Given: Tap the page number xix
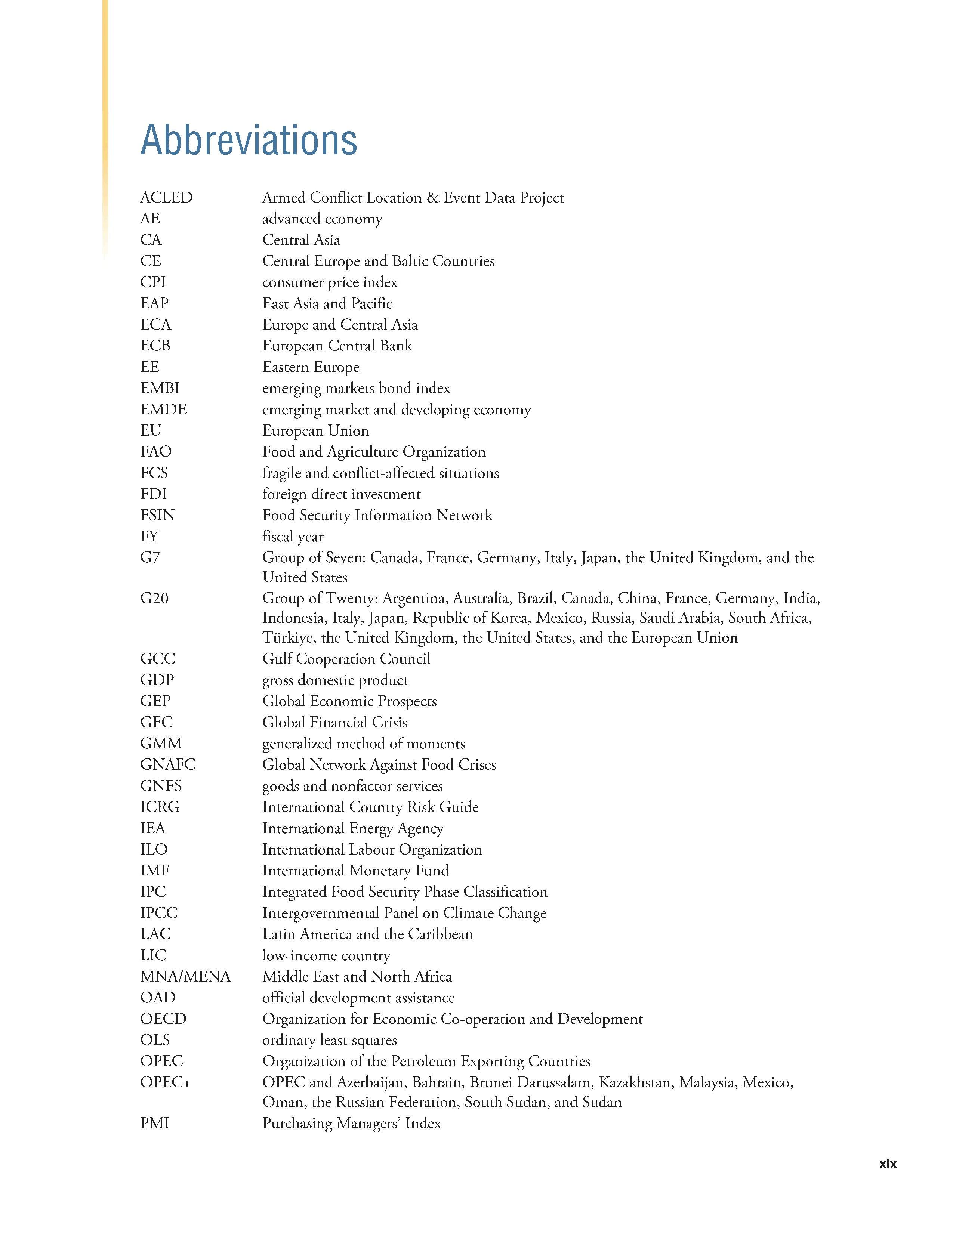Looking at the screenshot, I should [x=888, y=1164].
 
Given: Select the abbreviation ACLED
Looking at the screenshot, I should [x=166, y=198].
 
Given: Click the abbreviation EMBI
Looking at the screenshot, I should [x=160, y=389].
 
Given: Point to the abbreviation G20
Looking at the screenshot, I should [x=154, y=599].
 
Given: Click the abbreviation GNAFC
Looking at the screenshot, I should [x=168, y=765].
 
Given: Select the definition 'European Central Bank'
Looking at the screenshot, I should [x=337, y=346].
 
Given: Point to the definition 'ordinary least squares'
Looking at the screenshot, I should [x=329, y=1040].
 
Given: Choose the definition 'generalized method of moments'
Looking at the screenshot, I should [x=364, y=744].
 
